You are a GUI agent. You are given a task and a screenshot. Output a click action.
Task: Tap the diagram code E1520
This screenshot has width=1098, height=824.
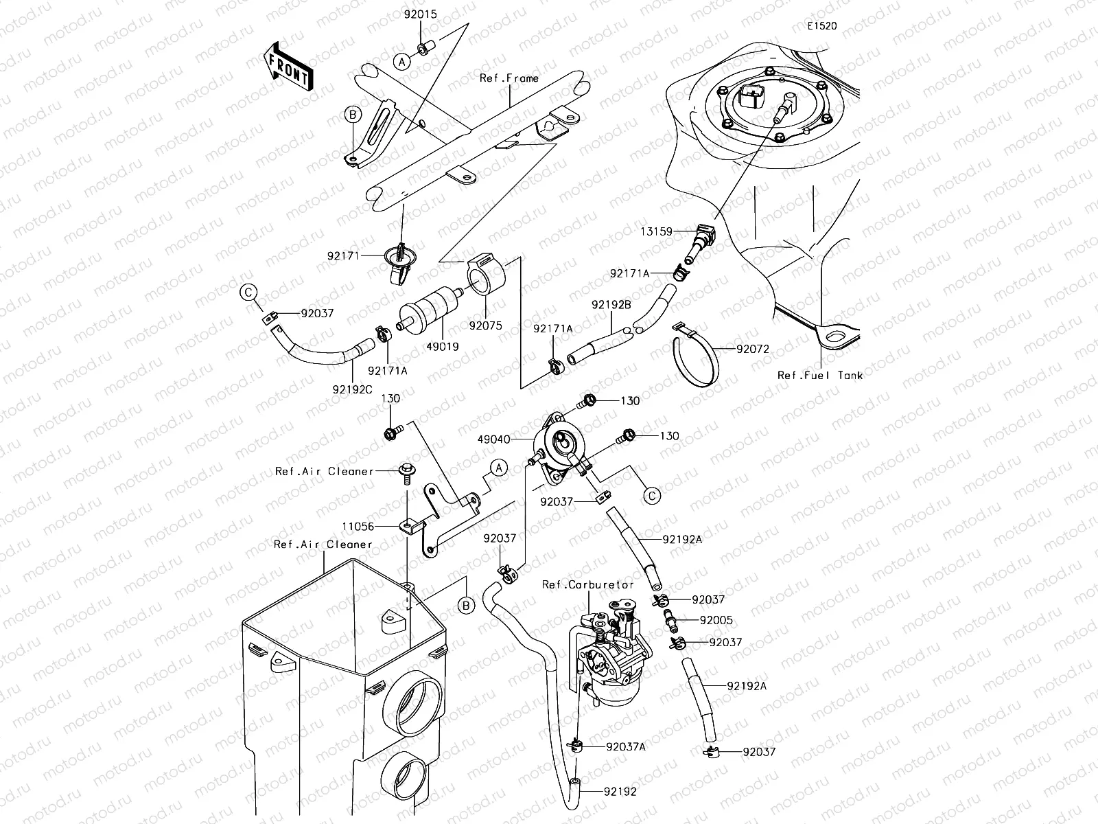pos(821,26)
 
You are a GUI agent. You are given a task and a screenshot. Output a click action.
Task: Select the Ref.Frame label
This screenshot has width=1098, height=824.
pos(509,78)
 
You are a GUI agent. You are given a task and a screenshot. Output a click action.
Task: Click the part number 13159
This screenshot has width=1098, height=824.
pos(657,231)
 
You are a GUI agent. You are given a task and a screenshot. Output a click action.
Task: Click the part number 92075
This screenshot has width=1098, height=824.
pos(486,325)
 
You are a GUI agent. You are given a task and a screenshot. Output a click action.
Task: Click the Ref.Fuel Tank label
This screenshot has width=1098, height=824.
pos(819,375)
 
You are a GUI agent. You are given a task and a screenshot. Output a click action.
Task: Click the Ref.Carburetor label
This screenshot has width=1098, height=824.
pos(588,584)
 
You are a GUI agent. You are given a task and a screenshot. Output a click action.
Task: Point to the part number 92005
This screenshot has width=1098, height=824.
pos(716,620)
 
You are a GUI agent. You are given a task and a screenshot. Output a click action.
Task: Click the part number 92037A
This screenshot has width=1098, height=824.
pos(626,746)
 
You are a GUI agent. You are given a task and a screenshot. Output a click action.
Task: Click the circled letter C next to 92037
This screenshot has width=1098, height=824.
pos(249,293)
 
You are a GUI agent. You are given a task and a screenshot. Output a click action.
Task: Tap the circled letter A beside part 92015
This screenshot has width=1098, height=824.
pos(403,61)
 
